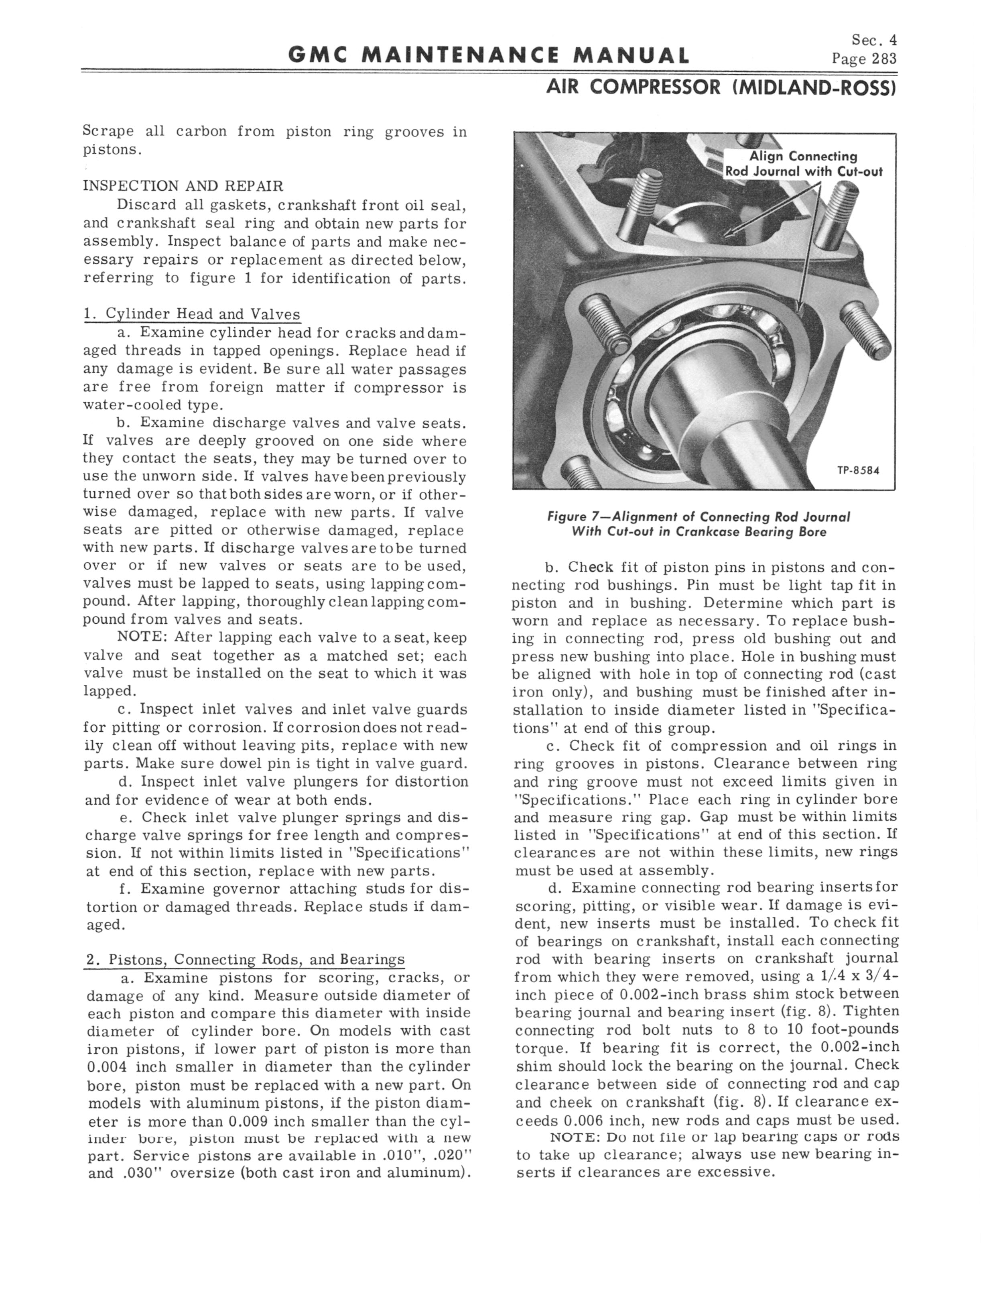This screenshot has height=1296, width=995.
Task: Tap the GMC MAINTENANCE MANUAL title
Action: (489, 55)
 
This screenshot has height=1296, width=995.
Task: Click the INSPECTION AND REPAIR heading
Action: (183, 185)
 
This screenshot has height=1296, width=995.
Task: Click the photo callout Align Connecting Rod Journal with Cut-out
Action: (804, 164)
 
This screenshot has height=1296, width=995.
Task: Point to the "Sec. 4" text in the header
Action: (874, 40)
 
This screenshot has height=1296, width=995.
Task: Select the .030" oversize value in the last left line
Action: (140, 1174)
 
